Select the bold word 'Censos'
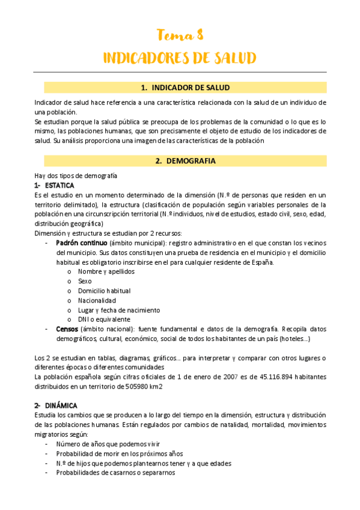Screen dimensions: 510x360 pyautogui.click(x=67, y=330)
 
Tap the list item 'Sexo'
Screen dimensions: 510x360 pyautogui.click(x=85, y=281)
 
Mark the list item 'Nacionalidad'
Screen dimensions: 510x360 pyautogui.click(x=97, y=300)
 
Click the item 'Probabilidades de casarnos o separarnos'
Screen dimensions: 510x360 pyautogui.click(x=115, y=473)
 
